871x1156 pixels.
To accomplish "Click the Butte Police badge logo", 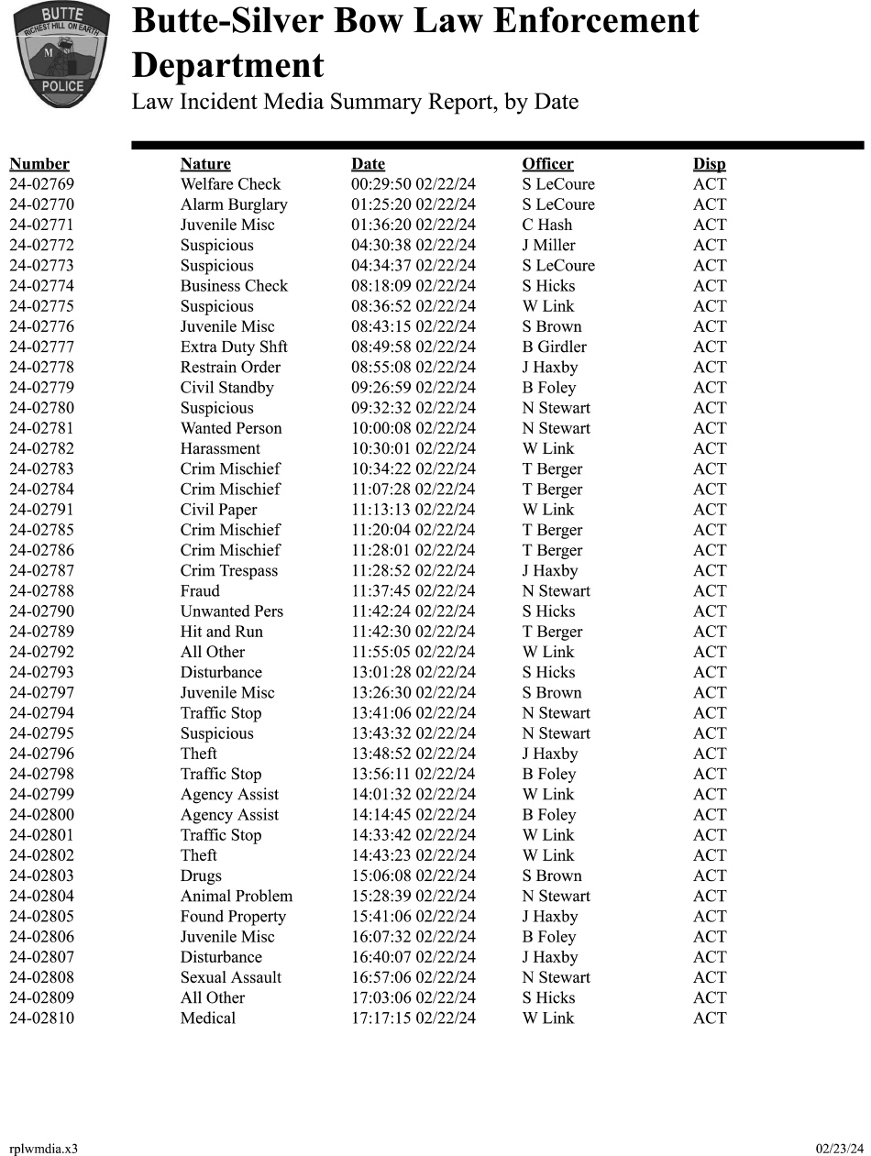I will [x=61, y=56].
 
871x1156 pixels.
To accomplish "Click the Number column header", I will [x=39, y=164].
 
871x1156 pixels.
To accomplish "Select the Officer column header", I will [x=547, y=164].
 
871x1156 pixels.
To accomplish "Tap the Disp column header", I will [x=709, y=164].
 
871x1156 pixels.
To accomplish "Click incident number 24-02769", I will [x=41, y=184].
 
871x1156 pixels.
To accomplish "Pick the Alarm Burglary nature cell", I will [x=234, y=204].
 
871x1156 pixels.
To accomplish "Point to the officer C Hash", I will [x=546, y=225].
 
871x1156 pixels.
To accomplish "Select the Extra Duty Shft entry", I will [x=234, y=347].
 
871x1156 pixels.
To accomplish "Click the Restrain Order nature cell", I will [x=230, y=367].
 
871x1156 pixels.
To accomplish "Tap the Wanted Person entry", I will [x=231, y=428].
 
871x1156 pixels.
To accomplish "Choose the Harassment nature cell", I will [x=220, y=448].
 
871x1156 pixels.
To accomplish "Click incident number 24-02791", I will [x=41, y=510].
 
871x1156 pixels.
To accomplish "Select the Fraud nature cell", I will [x=200, y=590].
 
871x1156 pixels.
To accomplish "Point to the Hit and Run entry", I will [x=221, y=632].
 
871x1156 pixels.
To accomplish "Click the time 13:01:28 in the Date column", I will [x=380, y=672].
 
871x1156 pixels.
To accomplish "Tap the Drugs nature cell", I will [x=201, y=875].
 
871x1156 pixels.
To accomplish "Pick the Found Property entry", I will [x=233, y=917].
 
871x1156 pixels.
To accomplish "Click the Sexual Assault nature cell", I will [x=231, y=977].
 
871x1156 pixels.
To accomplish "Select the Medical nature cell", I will [x=208, y=1018].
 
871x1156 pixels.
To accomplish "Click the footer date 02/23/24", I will [x=839, y=1149].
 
